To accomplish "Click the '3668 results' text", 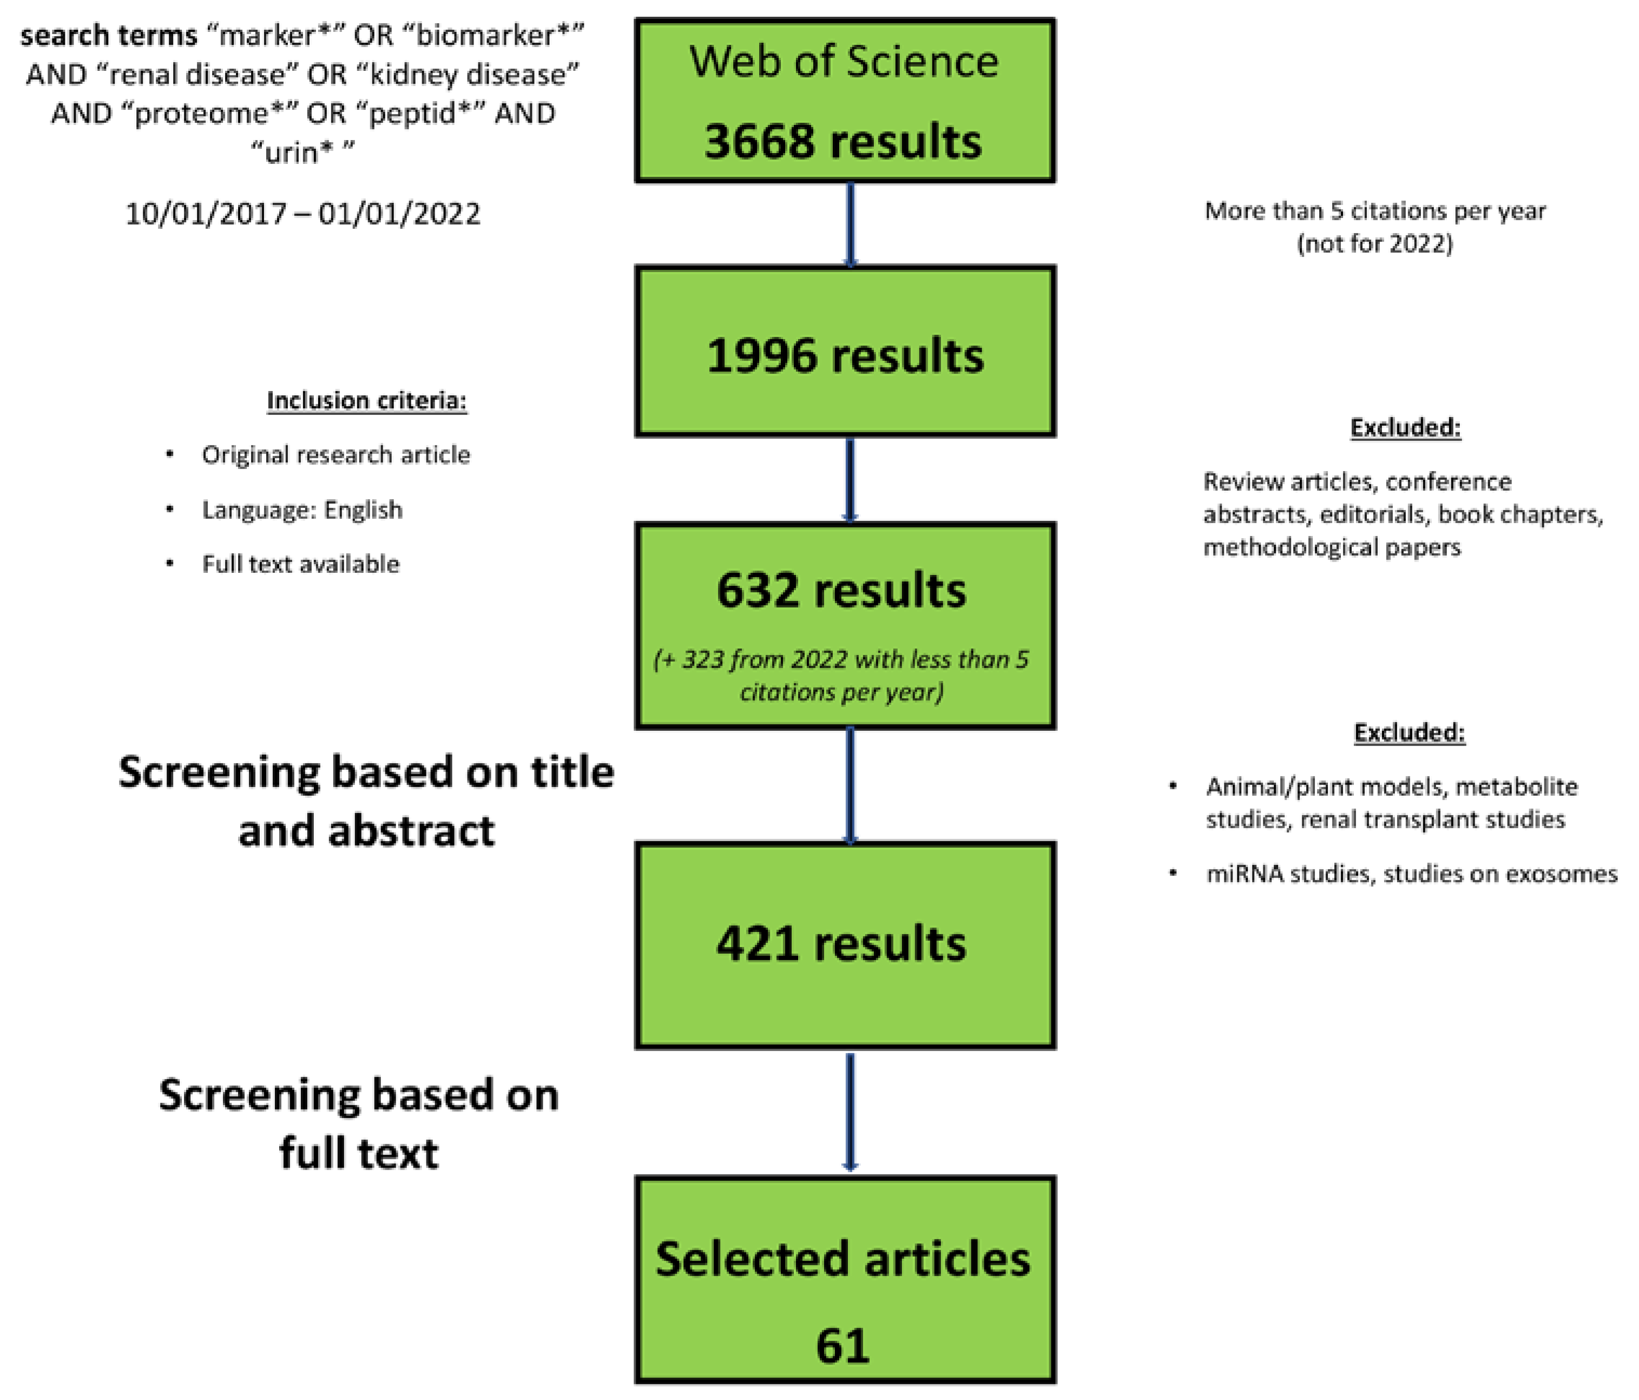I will coord(843,142).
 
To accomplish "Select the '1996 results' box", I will coord(845,352).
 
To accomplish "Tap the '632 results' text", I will coord(841,590).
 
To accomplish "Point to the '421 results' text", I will coord(841,943).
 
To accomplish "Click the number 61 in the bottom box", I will coord(843,1345).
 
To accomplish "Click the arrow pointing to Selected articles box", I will coord(851,1111).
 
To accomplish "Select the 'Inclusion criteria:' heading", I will coord(366,400).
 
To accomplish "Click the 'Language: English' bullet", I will coord(302,510).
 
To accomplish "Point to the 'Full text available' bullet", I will coord(301,564).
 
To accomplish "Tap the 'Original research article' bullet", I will coord(335,455).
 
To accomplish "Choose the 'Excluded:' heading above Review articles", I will coord(1405,427).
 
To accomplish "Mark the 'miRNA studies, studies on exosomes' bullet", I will coord(1411,874).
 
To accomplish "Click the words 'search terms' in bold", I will coord(108,36).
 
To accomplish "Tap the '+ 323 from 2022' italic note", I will coord(841,659).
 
